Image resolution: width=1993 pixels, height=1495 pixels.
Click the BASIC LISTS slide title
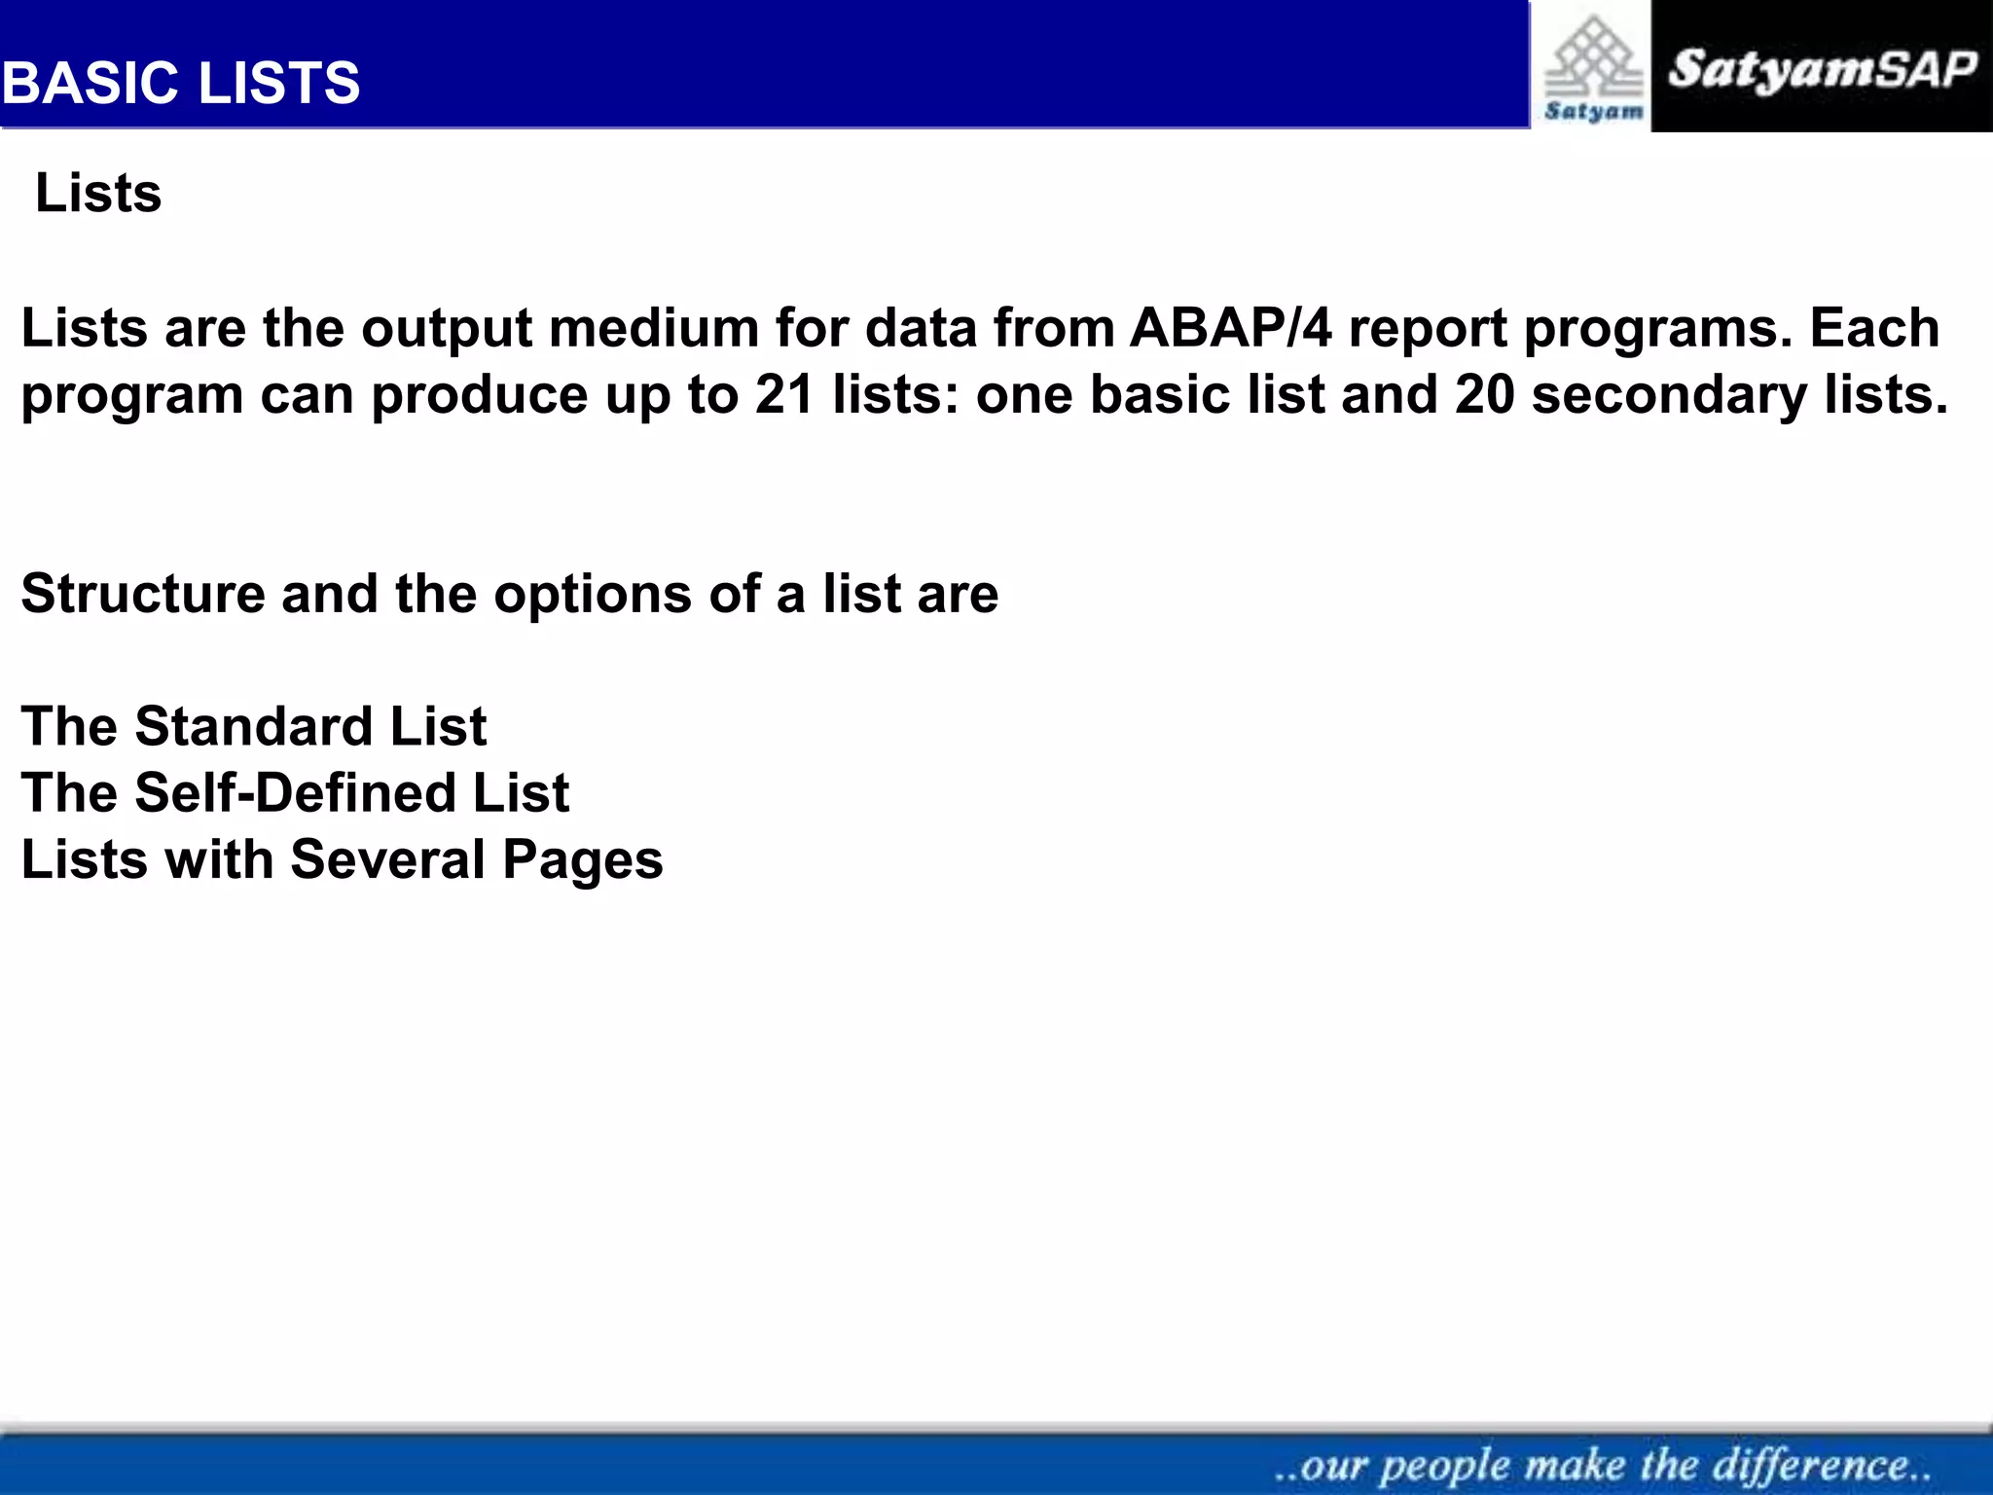tap(181, 83)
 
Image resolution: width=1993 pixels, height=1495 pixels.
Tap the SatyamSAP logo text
tap(1822, 70)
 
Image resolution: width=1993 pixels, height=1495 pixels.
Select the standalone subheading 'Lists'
tap(98, 193)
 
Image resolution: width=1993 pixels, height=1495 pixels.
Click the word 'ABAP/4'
tap(1230, 328)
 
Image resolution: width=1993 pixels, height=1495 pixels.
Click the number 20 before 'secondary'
tap(1485, 395)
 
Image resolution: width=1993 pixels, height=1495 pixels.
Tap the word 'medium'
tap(654, 328)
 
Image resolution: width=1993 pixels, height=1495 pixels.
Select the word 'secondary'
tap(1669, 395)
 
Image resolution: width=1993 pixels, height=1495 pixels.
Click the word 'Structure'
tap(143, 594)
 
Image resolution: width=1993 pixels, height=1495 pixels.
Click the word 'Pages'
tap(582, 861)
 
